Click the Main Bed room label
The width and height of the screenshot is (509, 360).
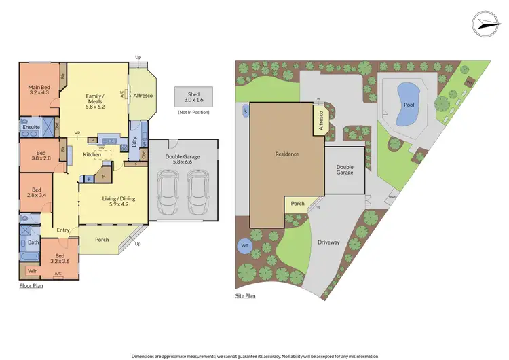39,88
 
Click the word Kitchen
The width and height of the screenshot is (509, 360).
92,155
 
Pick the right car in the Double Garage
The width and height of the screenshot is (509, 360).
197,192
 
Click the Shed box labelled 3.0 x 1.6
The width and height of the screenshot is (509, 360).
193,96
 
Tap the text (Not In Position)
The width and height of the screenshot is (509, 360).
193,112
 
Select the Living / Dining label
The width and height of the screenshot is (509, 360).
119,199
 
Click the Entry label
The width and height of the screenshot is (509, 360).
63,230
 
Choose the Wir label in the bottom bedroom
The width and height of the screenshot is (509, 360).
32,270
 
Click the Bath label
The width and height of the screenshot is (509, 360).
33,242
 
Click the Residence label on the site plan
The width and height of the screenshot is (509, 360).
287,154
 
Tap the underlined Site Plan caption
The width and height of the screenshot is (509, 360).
245,297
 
